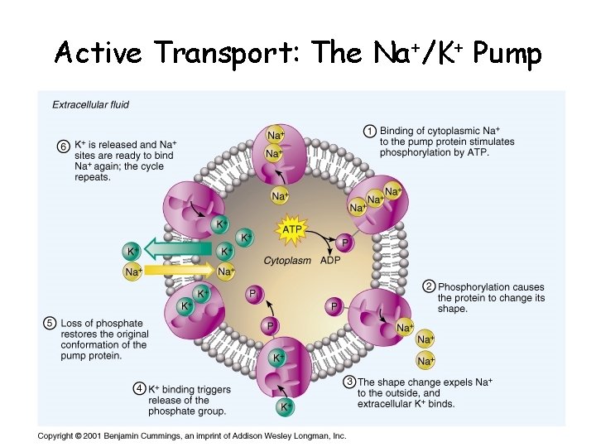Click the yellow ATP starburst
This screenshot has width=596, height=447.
pyautogui.click(x=292, y=229)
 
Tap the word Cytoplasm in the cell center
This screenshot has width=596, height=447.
pyautogui.click(x=287, y=260)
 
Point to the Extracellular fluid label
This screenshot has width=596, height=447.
pyautogui.click(x=90, y=105)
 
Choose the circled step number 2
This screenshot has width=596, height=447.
pyautogui.click(x=429, y=286)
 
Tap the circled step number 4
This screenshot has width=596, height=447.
pyautogui.click(x=142, y=389)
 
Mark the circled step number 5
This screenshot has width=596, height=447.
pyautogui.click(x=50, y=323)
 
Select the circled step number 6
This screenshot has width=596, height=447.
pyautogui.click(x=64, y=147)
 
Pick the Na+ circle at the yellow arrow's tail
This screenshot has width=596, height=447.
pyautogui.click(x=132, y=272)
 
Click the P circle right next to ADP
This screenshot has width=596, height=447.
pyautogui.click(x=345, y=243)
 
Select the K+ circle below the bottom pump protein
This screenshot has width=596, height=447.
pyautogui.click(x=284, y=407)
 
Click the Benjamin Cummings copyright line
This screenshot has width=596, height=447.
pyautogui.click(x=191, y=436)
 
